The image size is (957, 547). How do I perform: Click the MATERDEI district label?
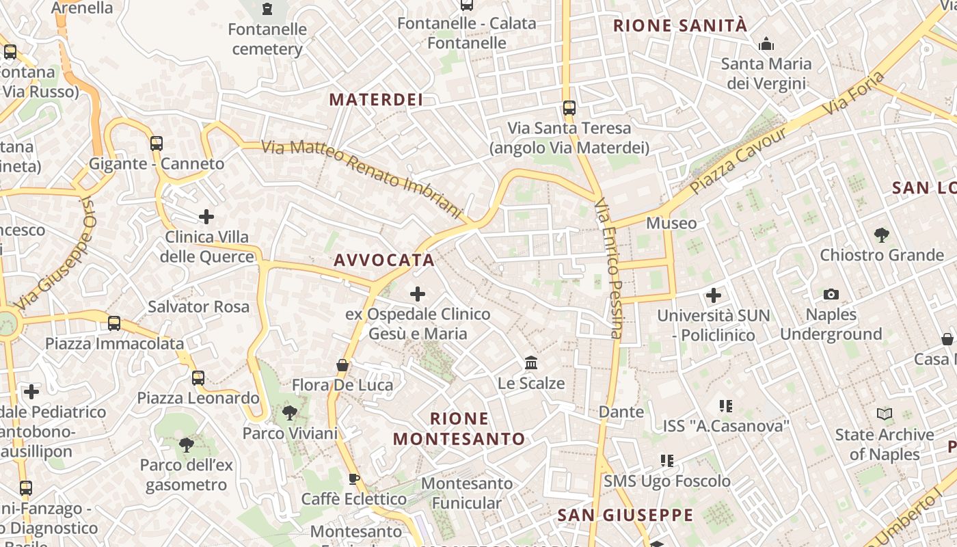point(376,99)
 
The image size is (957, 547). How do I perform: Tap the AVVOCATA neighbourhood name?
point(384,260)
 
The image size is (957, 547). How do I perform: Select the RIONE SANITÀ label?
point(680,26)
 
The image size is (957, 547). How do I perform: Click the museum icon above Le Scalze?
point(531,363)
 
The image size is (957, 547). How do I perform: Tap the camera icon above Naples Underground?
point(831,294)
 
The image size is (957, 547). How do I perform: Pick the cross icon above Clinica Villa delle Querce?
point(206,217)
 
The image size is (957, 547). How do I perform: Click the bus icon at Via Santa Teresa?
point(569,108)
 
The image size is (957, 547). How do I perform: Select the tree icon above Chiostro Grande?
point(882,235)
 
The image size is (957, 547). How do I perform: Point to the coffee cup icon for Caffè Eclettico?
point(353,479)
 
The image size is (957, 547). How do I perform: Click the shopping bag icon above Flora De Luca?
point(342,365)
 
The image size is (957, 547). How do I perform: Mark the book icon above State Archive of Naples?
point(885,414)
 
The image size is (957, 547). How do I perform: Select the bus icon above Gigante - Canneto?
point(157,144)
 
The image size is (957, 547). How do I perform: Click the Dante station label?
point(621,412)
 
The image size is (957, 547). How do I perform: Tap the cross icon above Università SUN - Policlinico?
point(714,295)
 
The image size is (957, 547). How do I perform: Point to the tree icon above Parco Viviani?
point(290,413)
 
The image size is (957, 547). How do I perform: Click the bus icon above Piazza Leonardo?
point(198,377)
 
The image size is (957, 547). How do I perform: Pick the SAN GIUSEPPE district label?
point(625,515)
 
